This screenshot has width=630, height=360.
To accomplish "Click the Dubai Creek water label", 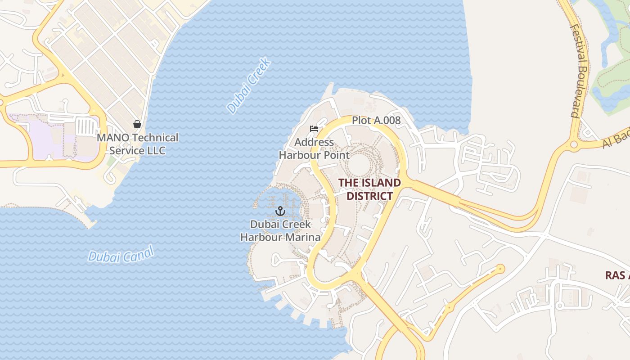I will pos(249,85).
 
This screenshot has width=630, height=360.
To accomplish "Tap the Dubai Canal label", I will pos(121,254).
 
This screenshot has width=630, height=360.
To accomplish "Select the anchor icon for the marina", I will pos(280,211).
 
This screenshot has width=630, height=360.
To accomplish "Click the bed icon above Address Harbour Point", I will pos(314,129).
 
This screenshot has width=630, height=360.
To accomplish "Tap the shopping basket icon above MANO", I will pos(137,124).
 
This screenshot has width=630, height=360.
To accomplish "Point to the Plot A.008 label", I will pos(376,121).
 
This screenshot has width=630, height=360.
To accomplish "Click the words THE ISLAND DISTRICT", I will pos(369,189).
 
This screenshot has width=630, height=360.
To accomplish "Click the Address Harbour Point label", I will pos(314,149).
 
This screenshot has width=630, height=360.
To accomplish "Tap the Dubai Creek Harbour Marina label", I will pos(280,230).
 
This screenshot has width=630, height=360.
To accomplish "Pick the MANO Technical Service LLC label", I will pos(137,144).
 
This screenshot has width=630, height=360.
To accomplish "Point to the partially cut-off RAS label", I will pos(617,275).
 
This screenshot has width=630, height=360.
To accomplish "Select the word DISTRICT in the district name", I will pos(369,196).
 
